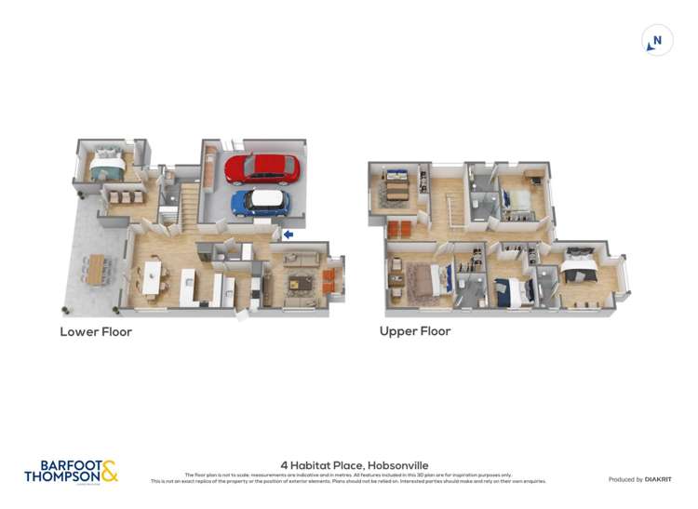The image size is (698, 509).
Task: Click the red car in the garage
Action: (x=262, y=169)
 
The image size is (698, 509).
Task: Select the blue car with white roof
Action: (x=260, y=201)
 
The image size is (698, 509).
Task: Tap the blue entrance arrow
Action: (x=288, y=234)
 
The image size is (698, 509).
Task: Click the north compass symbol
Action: (x=657, y=41)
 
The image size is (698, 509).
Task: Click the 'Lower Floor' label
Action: (x=96, y=331)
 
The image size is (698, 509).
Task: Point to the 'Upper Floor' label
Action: (x=415, y=330)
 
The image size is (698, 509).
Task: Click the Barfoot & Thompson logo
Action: (x=71, y=471)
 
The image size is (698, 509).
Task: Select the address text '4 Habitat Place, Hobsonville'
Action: (x=348, y=465)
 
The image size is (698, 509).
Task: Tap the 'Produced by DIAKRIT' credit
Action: (x=640, y=479)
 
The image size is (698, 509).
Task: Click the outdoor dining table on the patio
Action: (x=97, y=268)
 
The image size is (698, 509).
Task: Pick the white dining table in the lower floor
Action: (x=151, y=276)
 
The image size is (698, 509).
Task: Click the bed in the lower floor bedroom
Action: (x=105, y=166)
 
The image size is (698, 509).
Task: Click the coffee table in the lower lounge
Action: (x=300, y=282)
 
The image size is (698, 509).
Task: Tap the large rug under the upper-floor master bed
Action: (x=424, y=280)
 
